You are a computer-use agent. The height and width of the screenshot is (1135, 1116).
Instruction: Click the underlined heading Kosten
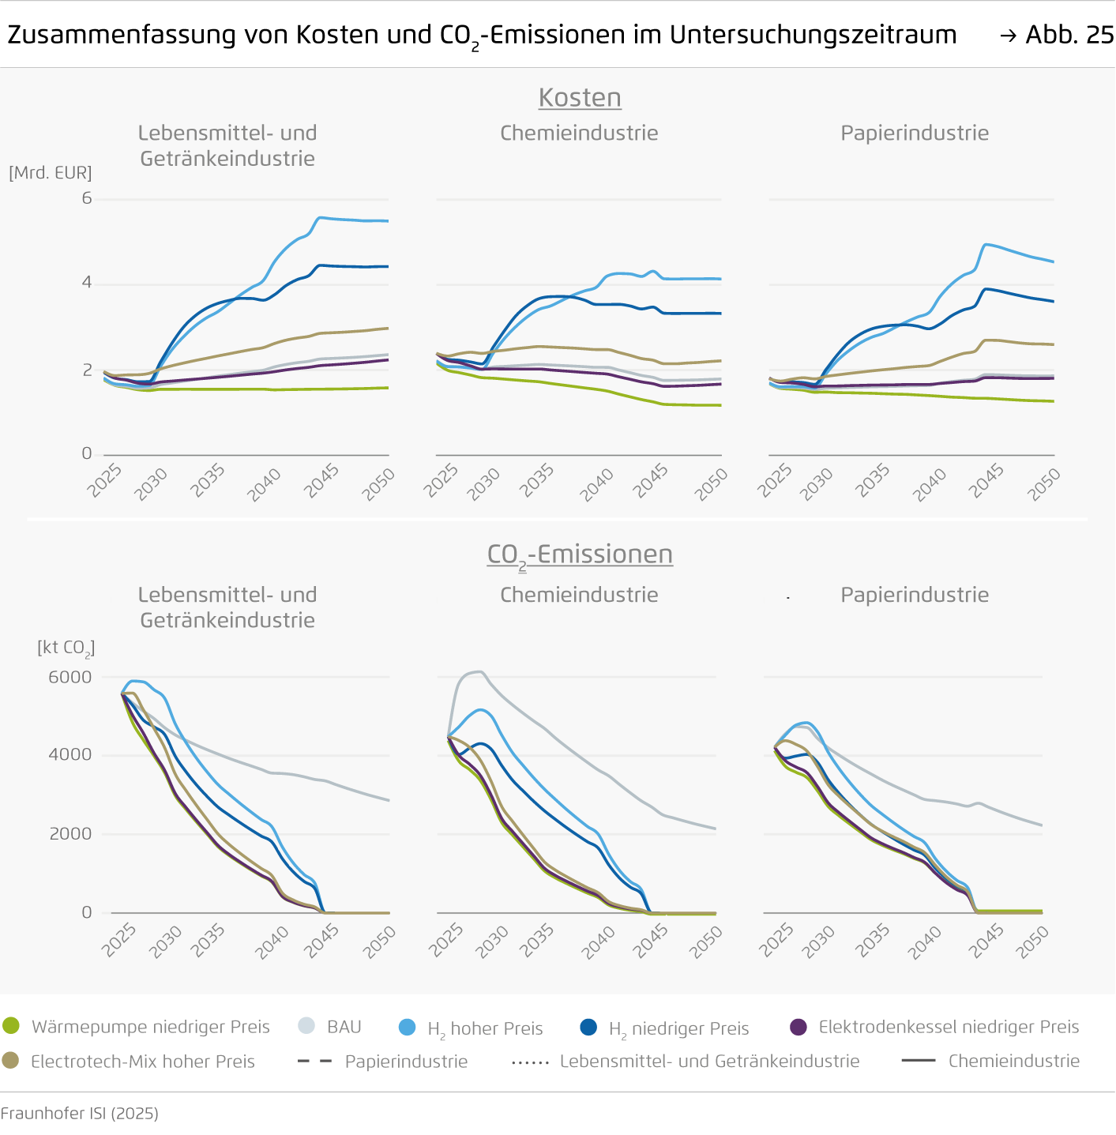[x=580, y=98]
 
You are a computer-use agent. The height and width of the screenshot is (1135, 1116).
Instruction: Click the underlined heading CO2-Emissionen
[x=580, y=554]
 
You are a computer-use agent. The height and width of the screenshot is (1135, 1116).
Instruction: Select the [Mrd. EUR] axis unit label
[x=51, y=172]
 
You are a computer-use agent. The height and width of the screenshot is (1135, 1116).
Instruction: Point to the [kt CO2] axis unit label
[x=66, y=648]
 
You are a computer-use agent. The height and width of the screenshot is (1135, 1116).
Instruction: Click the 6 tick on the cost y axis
[x=87, y=198]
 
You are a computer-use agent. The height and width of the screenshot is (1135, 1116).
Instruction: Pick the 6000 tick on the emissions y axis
[x=70, y=677]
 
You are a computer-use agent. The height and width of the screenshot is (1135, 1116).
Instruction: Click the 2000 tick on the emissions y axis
[x=70, y=834]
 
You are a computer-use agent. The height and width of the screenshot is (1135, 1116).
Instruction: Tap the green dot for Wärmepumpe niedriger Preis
[x=11, y=1026]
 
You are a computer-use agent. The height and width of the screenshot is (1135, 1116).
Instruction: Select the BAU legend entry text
[x=344, y=1027]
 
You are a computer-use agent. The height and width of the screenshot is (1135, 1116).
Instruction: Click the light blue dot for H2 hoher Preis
[x=407, y=1027]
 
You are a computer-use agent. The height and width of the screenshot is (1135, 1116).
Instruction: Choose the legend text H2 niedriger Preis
[x=678, y=1028]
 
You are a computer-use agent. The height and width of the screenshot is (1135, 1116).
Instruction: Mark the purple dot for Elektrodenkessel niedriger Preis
[x=798, y=1027]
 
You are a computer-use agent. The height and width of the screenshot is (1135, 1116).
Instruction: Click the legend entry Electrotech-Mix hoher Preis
[x=142, y=1062]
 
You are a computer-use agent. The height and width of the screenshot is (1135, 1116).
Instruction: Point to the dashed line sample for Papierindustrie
[x=314, y=1061]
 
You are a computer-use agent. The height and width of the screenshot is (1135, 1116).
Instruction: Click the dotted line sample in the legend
[x=530, y=1062]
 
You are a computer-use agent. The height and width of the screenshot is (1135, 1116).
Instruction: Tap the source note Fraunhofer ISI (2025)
[x=80, y=1113]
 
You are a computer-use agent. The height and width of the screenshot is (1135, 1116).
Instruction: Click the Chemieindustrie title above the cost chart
[x=579, y=133]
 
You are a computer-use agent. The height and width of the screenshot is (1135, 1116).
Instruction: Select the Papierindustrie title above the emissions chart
[x=915, y=595]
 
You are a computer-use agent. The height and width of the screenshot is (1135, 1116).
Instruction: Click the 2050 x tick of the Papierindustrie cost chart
[x=1044, y=483]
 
